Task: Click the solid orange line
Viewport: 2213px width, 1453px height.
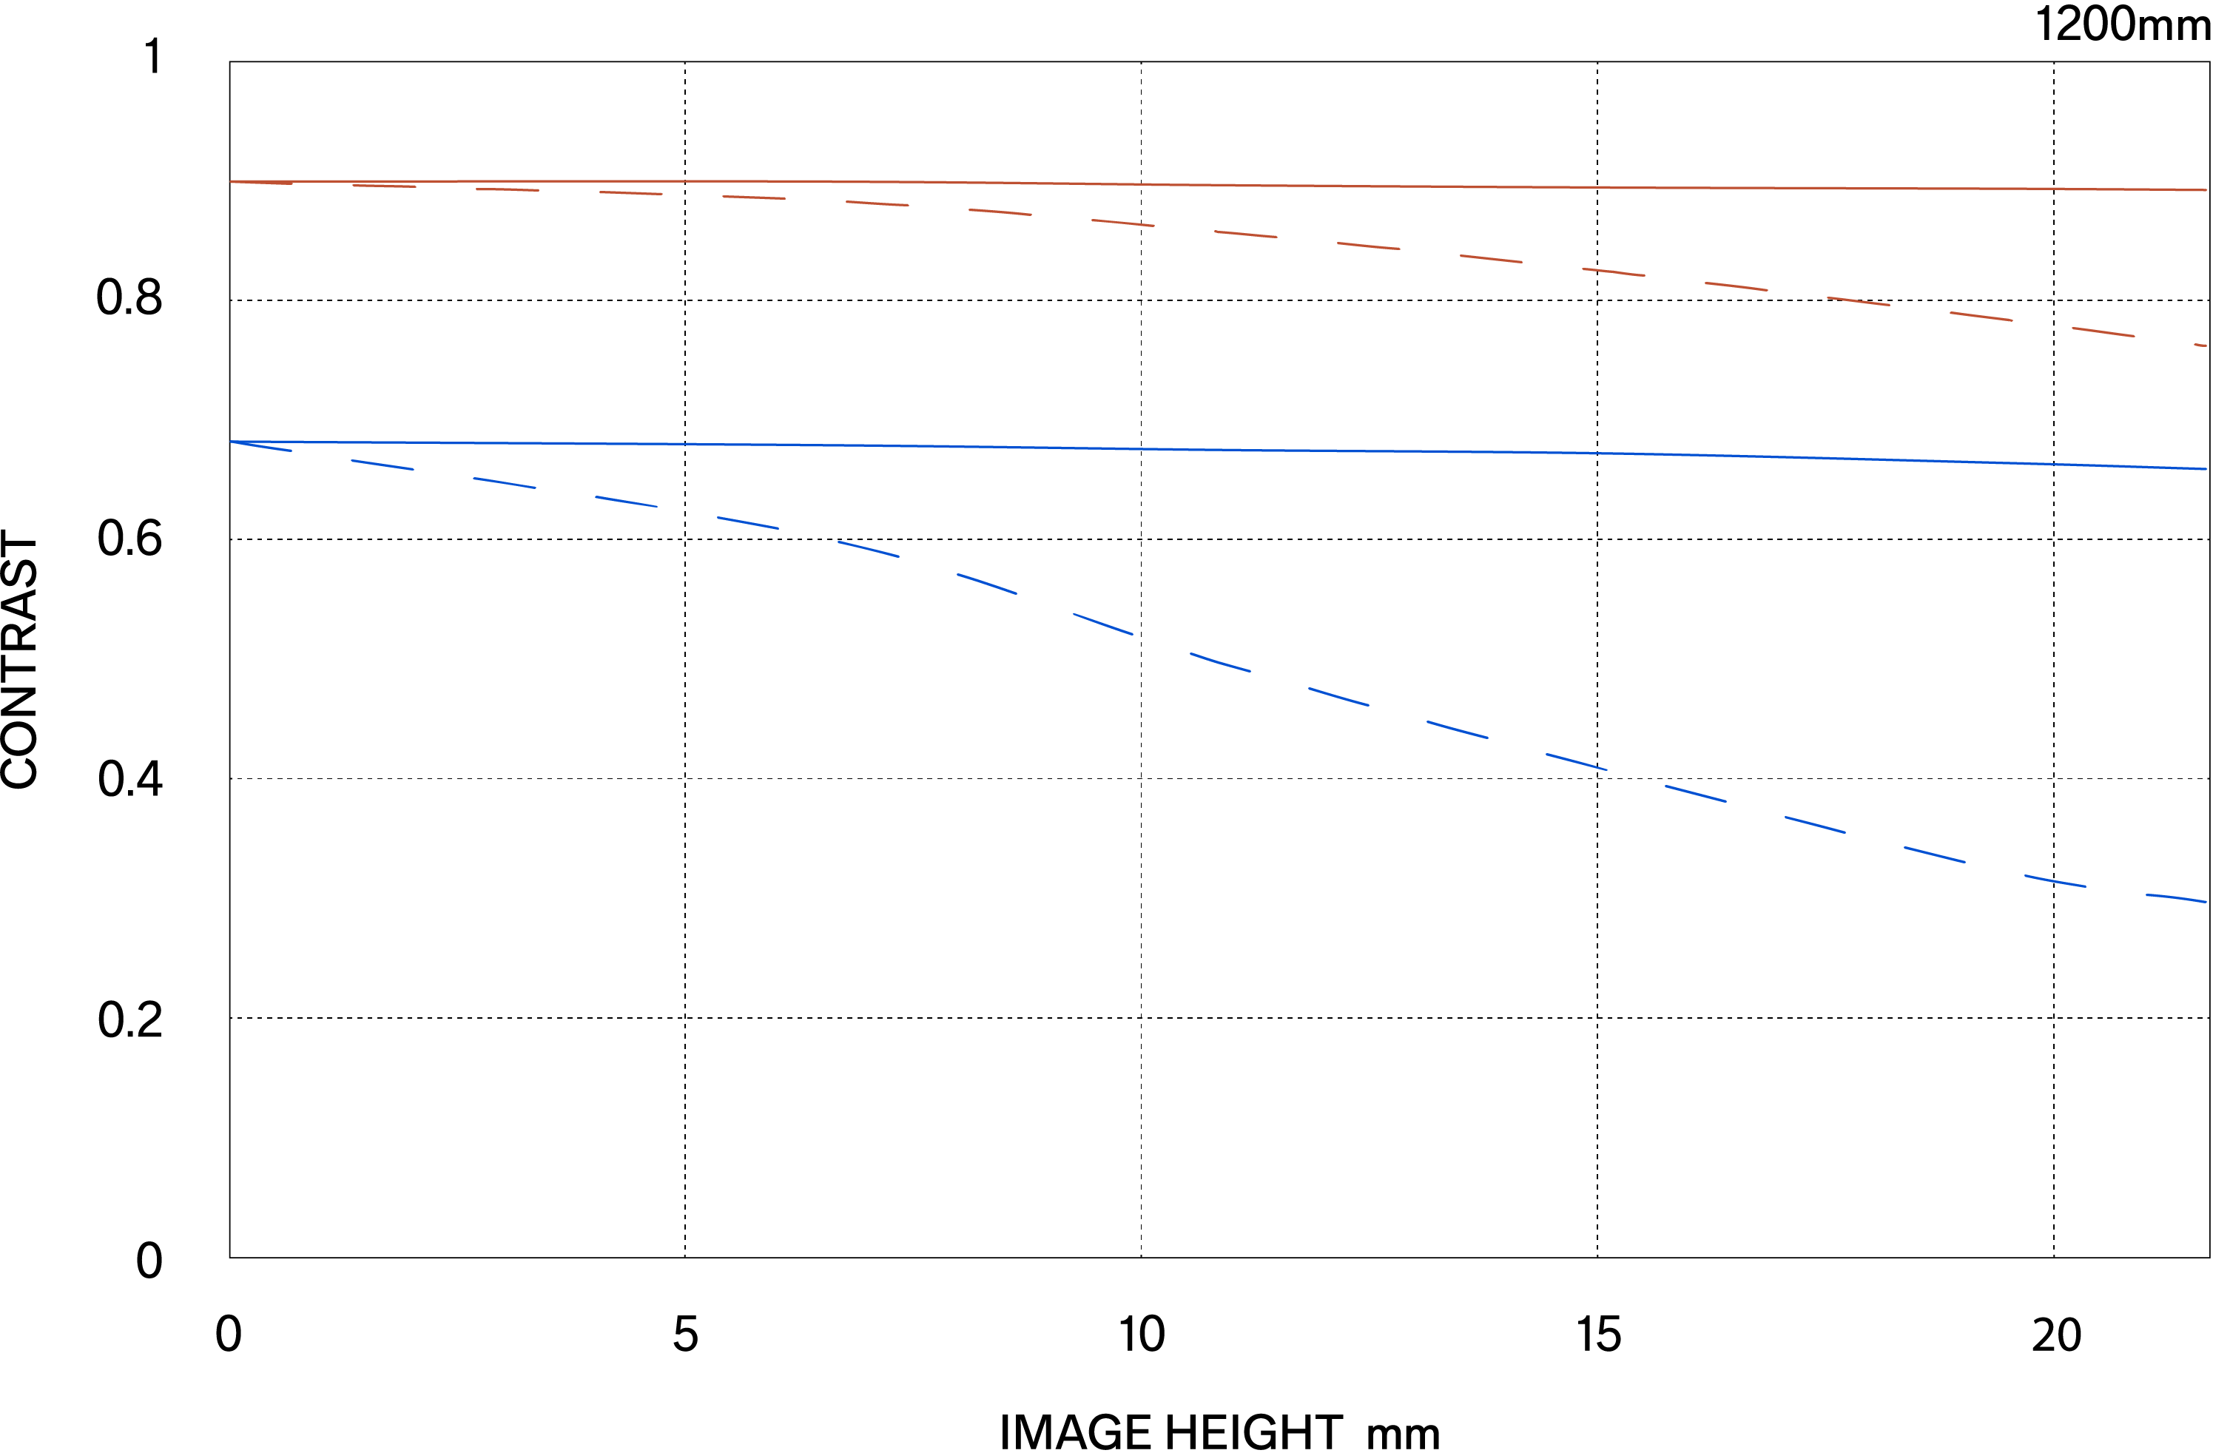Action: click(1209, 184)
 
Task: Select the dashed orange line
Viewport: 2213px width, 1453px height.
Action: click(1246, 233)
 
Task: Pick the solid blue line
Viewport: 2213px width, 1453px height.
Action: click(1209, 449)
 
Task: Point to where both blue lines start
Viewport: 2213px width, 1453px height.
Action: click(231, 442)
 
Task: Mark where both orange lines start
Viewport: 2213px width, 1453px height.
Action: click(231, 181)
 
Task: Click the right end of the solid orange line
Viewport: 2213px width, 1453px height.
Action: click(2206, 189)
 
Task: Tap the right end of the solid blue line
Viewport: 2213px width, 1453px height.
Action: click(2206, 468)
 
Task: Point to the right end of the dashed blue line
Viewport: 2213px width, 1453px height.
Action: click(2205, 901)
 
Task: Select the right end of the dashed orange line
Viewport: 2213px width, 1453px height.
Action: click(2206, 345)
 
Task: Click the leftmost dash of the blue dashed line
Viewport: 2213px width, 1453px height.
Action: click(261, 446)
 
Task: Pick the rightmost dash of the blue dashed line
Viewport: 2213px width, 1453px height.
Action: click(2176, 897)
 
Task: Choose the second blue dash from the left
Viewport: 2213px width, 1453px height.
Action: click(383, 465)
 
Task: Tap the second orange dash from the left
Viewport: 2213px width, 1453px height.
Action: click(384, 186)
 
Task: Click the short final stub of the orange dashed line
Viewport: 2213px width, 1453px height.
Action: click(2200, 345)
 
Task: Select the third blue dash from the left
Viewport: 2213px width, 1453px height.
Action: click(505, 482)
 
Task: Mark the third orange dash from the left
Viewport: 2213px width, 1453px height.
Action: click(508, 189)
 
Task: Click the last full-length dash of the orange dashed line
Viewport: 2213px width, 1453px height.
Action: click(2104, 332)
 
